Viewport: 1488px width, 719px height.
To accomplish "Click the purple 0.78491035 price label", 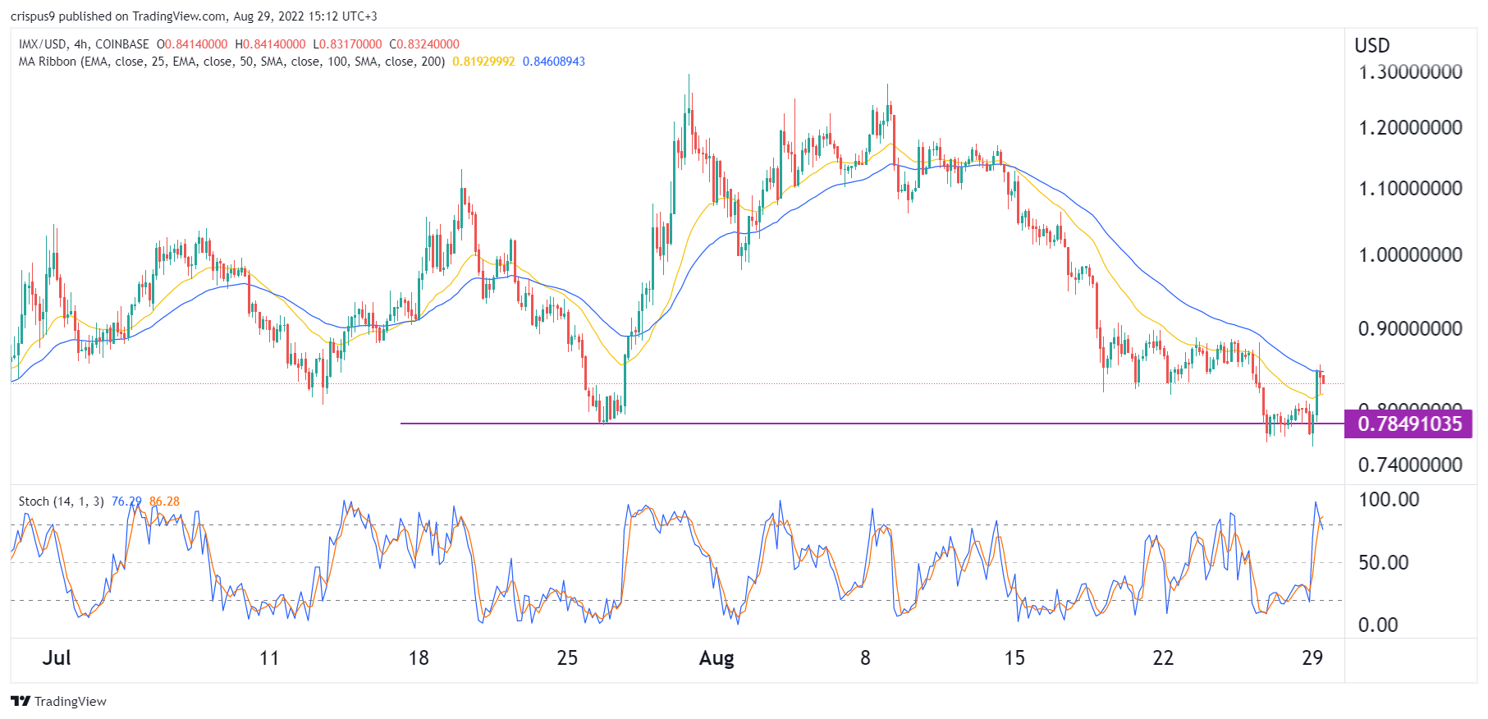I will pyautogui.click(x=1408, y=424).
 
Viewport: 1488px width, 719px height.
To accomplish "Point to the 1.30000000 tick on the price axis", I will pyautogui.click(x=1410, y=72).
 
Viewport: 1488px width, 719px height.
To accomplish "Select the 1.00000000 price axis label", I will pyautogui.click(x=1410, y=254).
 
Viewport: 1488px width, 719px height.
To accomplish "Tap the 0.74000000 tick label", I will pyautogui.click(x=1410, y=465).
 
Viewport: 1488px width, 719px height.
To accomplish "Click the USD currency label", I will pyautogui.click(x=1371, y=46).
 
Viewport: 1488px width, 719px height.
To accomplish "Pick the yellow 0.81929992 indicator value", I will pyautogui.click(x=483, y=62).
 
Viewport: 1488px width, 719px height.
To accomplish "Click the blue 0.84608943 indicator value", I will pyautogui.click(x=554, y=62).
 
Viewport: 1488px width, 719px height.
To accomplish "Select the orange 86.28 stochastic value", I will pyautogui.click(x=164, y=501).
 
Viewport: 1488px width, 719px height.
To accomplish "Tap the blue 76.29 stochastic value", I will pyautogui.click(x=126, y=501).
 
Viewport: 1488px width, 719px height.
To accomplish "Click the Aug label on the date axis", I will pyautogui.click(x=716, y=658).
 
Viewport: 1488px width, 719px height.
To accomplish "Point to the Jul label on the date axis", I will pyautogui.click(x=57, y=658).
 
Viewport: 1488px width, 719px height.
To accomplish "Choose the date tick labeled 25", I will pyautogui.click(x=567, y=658).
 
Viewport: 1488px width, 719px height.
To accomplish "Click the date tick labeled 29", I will pyautogui.click(x=1312, y=658).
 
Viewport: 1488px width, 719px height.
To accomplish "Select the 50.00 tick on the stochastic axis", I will pyautogui.click(x=1383, y=563).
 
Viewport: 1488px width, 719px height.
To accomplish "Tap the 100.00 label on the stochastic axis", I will pyautogui.click(x=1389, y=500).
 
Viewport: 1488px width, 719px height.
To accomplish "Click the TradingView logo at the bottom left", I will pyautogui.click(x=59, y=701).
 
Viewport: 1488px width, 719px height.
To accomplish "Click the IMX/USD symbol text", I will pyautogui.click(x=43, y=44).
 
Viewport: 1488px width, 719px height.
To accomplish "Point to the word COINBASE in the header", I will pyautogui.click(x=122, y=44).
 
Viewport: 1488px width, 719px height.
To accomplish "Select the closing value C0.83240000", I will pyautogui.click(x=424, y=44).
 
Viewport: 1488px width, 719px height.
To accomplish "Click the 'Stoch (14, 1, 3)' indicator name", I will pyautogui.click(x=61, y=501).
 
